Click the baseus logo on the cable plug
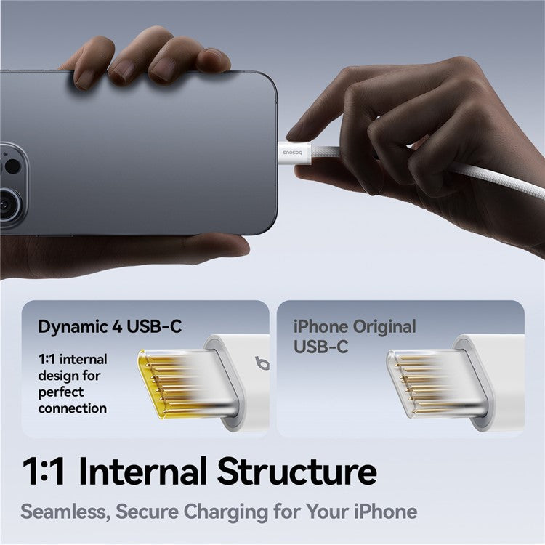(292, 153)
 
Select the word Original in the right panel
(384, 327)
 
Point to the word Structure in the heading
(296, 472)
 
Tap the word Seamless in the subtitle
(65, 512)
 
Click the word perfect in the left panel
(61, 392)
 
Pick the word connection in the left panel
(72, 408)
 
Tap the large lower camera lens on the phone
(8, 204)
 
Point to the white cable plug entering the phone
(295, 153)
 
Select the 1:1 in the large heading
(44, 472)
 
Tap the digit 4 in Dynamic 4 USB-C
(117, 327)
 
